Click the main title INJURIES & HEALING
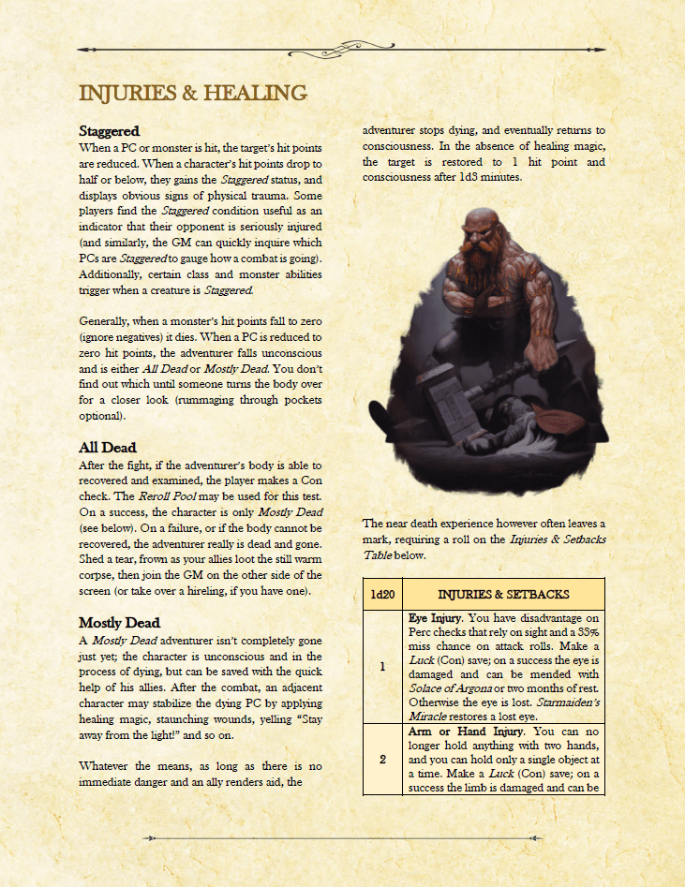tap(193, 93)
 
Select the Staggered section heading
tap(109, 131)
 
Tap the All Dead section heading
tap(107, 448)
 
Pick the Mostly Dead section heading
tap(119, 622)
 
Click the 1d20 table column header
tap(381, 594)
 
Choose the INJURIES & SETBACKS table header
tap(503, 594)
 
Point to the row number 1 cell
tap(382, 666)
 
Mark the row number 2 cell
tap(382, 759)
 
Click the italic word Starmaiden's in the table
tap(562, 703)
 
